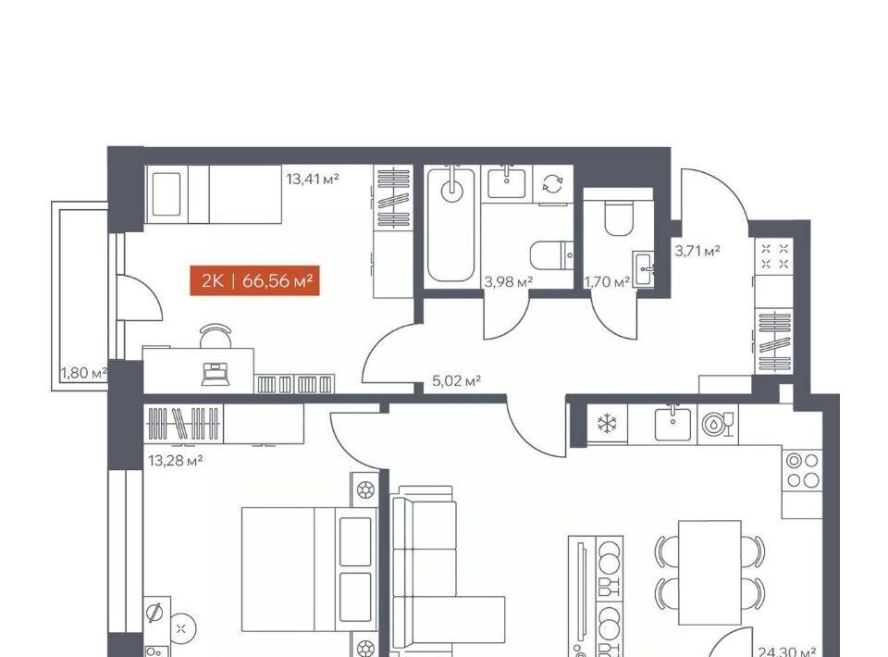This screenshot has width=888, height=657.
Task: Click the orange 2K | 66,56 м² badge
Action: pos(255,281)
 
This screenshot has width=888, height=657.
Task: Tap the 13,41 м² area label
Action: pos(313,180)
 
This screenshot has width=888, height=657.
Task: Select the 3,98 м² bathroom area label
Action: pos(508,281)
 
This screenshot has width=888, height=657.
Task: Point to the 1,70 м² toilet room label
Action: pos(608,281)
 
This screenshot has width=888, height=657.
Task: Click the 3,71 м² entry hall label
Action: pos(697,250)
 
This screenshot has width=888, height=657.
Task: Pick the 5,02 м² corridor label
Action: pos(456,380)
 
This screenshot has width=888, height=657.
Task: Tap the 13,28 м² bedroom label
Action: pos(175,461)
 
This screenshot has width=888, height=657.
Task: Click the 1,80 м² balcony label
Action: pos(84,373)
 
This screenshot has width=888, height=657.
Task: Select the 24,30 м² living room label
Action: pos(786,651)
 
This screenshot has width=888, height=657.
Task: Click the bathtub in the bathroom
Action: pos(450,225)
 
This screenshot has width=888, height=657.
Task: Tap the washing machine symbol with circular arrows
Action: pos(553,183)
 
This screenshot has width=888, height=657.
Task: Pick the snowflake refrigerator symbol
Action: pos(607,424)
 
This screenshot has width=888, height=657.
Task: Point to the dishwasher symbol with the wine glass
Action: pos(718,424)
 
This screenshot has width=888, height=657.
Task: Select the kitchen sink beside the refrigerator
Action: pos(672,423)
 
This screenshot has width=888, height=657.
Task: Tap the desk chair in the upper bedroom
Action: pos(216,335)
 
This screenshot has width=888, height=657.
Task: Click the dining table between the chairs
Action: pos(709,572)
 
